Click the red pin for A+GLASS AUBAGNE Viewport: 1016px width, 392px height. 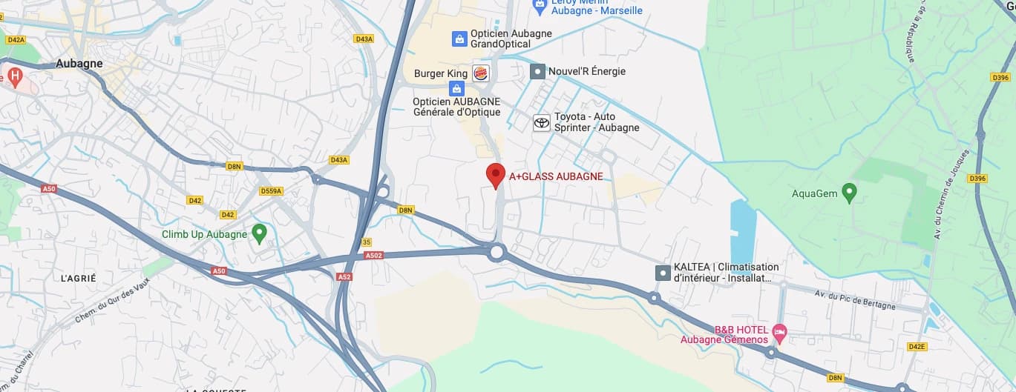495,175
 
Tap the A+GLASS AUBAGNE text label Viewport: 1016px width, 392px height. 555,176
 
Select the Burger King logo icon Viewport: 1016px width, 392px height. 480,73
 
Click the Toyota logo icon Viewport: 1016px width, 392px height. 542,122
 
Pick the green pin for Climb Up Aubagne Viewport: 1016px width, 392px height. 259,233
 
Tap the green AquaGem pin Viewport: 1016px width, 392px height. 850,193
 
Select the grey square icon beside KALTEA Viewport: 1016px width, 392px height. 662,273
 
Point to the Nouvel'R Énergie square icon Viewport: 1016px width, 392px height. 537,71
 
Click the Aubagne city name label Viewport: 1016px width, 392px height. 79,64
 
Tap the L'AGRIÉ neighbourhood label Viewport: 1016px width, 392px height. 79,278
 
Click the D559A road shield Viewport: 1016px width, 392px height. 272,190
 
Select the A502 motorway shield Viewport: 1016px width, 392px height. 373,256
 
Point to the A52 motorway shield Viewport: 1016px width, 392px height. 344,276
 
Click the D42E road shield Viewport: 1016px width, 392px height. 917,346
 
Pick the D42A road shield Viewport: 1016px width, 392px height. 15,40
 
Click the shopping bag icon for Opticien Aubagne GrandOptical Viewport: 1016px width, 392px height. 459,38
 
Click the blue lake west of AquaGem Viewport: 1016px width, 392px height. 742,223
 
